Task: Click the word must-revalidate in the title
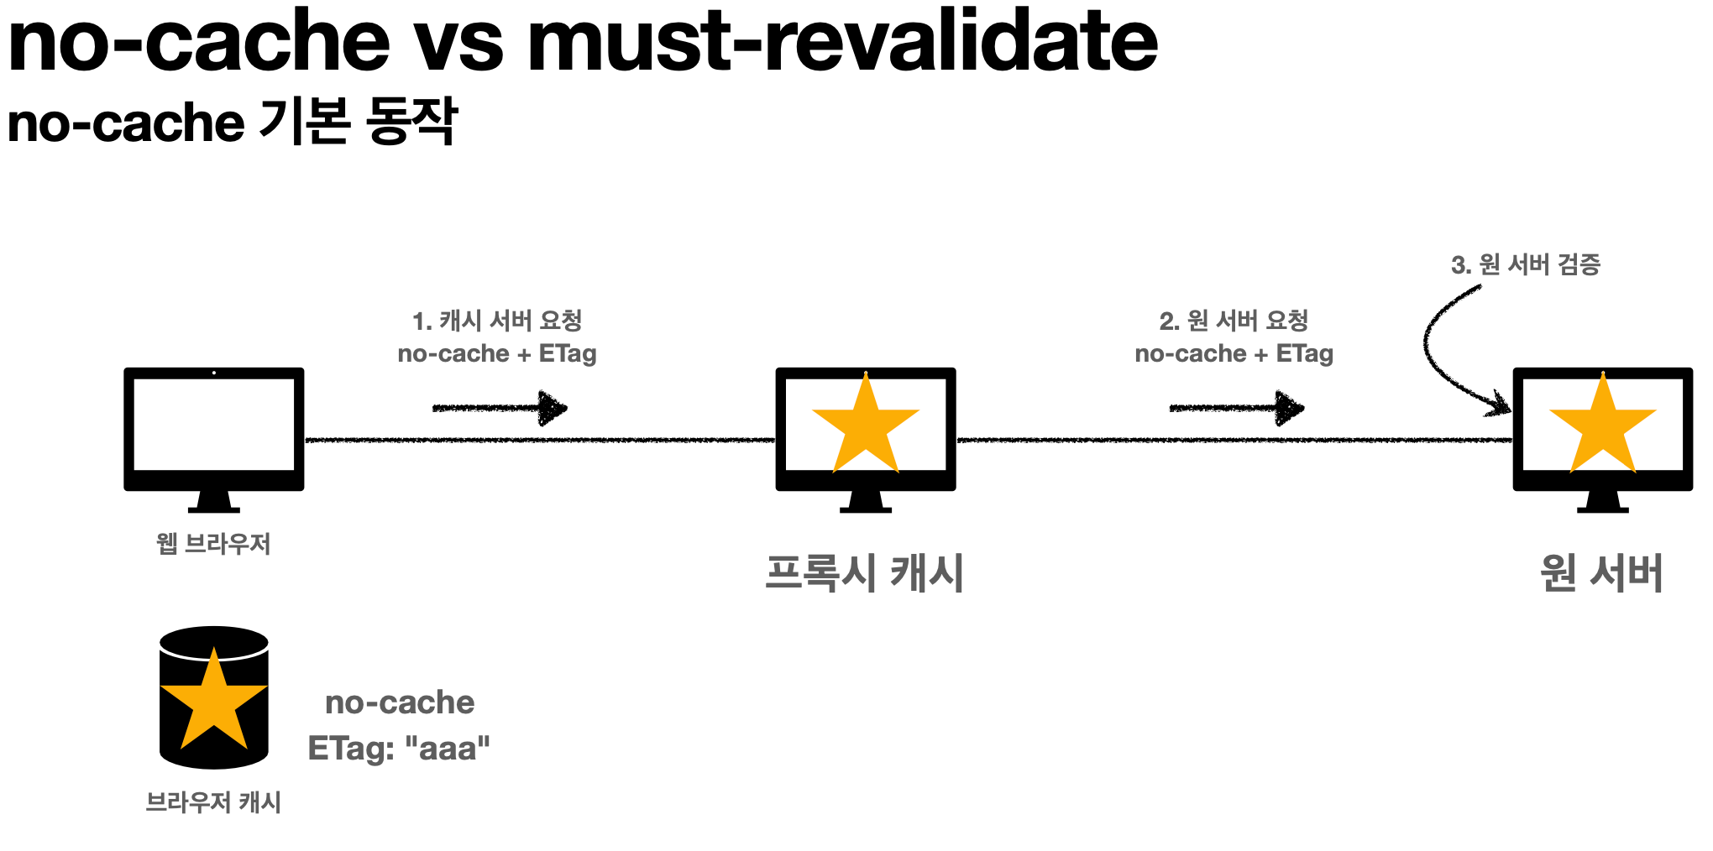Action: click(x=842, y=40)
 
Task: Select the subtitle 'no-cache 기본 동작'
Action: click(x=232, y=122)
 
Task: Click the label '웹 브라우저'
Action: click(x=213, y=544)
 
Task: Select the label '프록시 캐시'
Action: click(x=864, y=573)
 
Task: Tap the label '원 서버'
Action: click(x=1601, y=573)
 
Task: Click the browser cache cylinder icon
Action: click(x=214, y=698)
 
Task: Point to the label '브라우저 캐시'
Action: click(x=213, y=802)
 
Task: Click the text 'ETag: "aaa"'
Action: click(x=399, y=748)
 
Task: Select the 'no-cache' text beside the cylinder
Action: click(x=400, y=702)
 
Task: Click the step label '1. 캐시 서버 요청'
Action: click(x=497, y=321)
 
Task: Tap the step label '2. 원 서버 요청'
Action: click(x=1234, y=321)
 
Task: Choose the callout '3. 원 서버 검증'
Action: click(x=1526, y=265)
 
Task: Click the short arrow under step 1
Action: click(x=500, y=409)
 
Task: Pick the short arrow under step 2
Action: click(x=1236, y=409)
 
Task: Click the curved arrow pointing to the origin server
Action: click(x=1438, y=352)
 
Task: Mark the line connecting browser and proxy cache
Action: click(x=537, y=440)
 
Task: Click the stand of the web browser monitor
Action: click(x=214, y=502)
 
